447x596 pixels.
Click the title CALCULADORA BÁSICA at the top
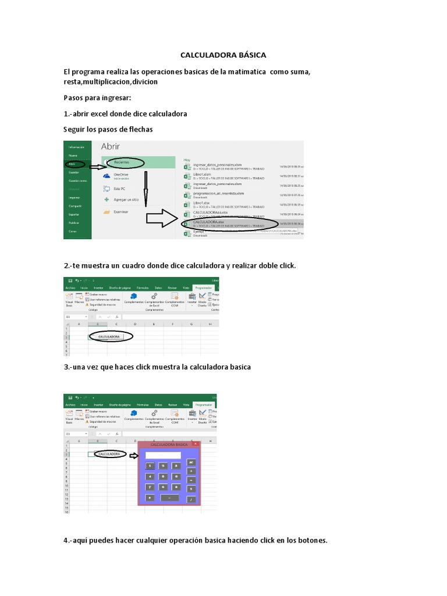tap(223, 55)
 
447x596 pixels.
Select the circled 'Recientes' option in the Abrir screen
tap(122, 162)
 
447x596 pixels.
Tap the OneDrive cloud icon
tap(107, 176)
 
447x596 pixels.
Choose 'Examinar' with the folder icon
tap(120, 212)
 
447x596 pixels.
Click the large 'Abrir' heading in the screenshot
tap(114, 147)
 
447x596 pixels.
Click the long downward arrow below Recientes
tap(146, 189)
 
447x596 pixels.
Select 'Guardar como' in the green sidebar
tap(77, 181)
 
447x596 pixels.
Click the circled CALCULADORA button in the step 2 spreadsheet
tap(109, 336)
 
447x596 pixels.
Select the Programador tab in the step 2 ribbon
tap(204, 288)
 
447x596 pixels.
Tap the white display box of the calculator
tap(164, 455)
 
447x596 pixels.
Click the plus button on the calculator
tap(191, 470)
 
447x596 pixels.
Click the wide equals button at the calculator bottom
tap(169, 498)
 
